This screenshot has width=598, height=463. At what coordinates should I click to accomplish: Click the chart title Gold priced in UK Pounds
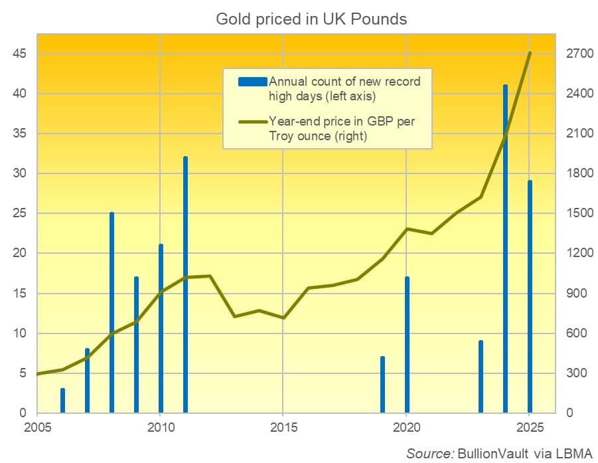click(x=311, y=19)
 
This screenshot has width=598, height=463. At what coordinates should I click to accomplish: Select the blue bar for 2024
click(x=505, y=249)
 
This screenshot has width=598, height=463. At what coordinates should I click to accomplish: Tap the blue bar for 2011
click(x=185, y=285)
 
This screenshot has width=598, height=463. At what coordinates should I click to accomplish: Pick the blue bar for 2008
click(x=112, y=313)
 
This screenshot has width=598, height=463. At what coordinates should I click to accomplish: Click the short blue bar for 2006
click(x=62, y=401)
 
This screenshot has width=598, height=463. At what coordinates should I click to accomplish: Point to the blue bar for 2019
click(x=382, y=385)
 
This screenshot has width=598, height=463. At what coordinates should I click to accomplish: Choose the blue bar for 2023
click(x=481, y=377)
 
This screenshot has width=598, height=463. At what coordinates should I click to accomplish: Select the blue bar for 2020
click(x=407, y=345)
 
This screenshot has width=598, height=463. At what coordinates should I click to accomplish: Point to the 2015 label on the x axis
click(x=283, y=427)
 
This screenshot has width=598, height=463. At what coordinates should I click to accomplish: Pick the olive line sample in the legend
click(x=252, y=122)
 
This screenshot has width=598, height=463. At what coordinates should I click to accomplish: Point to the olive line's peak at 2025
click(x=530, y=53)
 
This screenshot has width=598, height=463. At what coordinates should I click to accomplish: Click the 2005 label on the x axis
click(x=38, y=427)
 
